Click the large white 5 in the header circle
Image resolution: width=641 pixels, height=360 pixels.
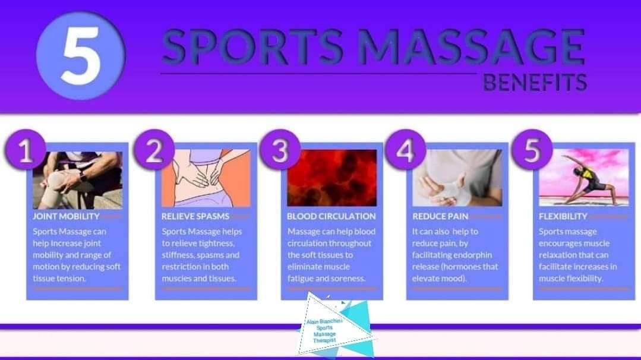click(x=81, y=56)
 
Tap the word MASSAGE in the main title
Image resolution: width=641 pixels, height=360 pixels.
click(x=471, y=46)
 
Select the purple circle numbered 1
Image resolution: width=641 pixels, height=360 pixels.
click(x=26, y=150)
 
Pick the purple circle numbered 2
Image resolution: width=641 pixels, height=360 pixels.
click(x=154, y=150)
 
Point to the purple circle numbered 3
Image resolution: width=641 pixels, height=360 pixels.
click(x=280, y=150)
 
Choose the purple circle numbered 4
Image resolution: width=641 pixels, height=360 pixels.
click(x=406, y=150)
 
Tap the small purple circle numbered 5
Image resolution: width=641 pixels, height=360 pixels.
click(x=532, y=150)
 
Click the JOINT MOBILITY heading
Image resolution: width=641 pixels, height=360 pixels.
click(x=66, y=216)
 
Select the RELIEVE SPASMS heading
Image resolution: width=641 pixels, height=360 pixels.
click(x=195, y=216)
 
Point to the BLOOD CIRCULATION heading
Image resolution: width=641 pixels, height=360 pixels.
click(x=331, y=216)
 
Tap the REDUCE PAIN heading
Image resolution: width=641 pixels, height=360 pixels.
click(x=440, y=216)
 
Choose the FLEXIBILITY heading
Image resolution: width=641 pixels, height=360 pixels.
click(x=563, y=216)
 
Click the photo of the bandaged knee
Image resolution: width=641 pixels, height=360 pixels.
click(x=78, y=180)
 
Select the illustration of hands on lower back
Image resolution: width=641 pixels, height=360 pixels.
click(x=206, y=178)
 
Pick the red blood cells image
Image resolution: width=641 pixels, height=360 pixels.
click(x=332, y=178)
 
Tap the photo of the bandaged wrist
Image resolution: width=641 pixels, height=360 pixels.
click(x=457, y=178)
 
